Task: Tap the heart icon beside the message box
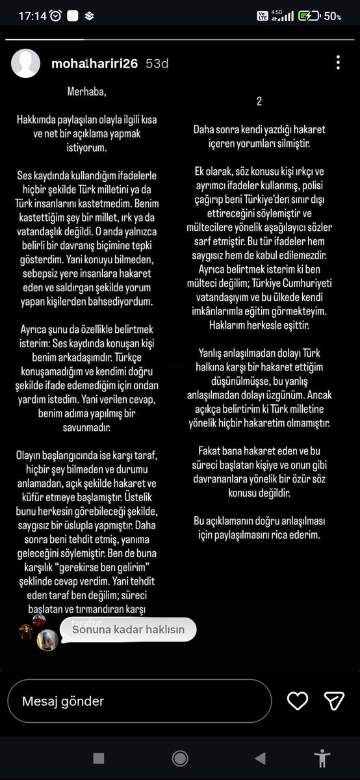coord(298,700)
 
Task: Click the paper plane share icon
coord(333,700)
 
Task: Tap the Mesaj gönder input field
coord(139,701)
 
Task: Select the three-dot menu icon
coord(338,63)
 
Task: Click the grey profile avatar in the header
coord(26,64)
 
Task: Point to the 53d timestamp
coord(157,64)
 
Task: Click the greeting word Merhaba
coord(85,92)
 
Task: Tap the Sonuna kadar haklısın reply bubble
coord(128,629)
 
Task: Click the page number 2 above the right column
coord(259,102)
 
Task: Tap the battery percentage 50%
coord(333,16)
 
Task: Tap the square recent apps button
coord(98,758)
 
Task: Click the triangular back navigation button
coord(260,758)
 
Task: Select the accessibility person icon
coord(322,758)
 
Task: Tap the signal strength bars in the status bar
coord(287,16)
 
